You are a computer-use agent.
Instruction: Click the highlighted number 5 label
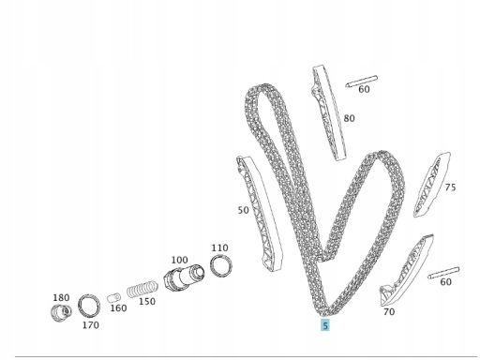click(x=325, y=325)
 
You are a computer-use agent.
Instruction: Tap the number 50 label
click(x=244, y=210)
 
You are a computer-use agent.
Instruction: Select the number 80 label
click(x=349, y=118)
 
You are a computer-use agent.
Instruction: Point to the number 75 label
click(x=450, y=187)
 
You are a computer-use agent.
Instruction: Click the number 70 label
click(x=389, y=312)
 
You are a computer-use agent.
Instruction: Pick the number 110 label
click(x=219, y=247)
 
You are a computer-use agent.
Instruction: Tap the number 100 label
click(x=180, y=260)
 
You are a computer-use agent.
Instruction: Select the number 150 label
click(x=147, y=302)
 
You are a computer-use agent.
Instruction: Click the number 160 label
click(x=118, y=308)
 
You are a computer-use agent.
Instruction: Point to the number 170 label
click(x=91, y=325)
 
